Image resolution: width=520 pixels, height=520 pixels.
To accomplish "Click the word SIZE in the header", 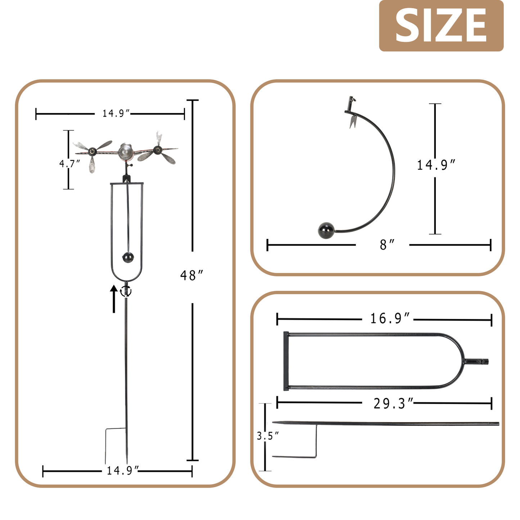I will coord(441,25).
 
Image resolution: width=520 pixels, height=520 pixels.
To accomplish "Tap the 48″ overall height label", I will coord(191,276).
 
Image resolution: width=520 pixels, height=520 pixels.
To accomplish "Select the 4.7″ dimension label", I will coord(69,164).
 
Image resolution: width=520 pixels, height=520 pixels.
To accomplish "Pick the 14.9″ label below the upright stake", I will coord(122,471).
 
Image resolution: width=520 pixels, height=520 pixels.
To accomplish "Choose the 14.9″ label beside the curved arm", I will coord(436,165).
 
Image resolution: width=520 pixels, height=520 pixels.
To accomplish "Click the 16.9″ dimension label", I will coord(390,318).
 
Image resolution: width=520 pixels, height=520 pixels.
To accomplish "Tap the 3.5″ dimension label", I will coord(267,436).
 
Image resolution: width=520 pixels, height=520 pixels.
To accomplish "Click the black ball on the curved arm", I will coord(326,230).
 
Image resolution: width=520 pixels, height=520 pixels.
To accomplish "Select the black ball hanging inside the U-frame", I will coord(128,257).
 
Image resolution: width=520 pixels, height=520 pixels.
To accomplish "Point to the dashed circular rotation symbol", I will coord(126,291).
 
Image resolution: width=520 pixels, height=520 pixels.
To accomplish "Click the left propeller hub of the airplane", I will coord(93,151).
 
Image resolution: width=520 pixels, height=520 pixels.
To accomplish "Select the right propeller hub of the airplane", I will coord(157,150).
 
